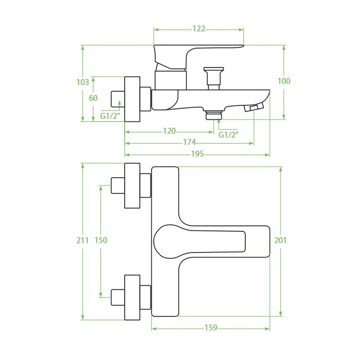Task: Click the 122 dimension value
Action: [x=198, y=29]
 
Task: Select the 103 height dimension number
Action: [x=83, y=82]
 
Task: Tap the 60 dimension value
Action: [x=93, y=98]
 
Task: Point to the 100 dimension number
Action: [x=284, y=81]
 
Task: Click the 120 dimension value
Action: [x=169, y=131]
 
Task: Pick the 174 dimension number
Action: [x=189, y=143]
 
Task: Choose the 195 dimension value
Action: [x=197, y=154]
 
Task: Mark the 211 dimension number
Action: [x=83, y=240]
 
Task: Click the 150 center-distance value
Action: [x=101, y=240]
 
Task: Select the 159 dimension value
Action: [x=211, y=328]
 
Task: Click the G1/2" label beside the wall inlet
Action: [x=110, y=116]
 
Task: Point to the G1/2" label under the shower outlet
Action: [x=229, y=134]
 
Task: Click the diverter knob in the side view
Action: [x=213, y=76]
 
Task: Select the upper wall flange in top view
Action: [x=132, y=185]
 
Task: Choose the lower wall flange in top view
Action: [x=132, y=297]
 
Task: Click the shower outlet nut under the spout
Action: [x=213, y=116]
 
